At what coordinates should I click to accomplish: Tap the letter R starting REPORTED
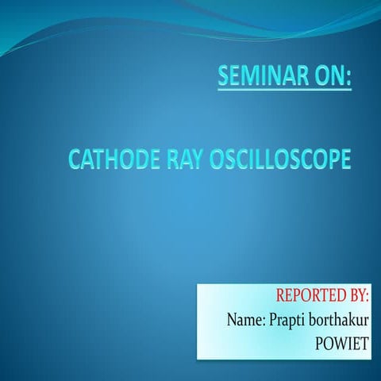point(281,297)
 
